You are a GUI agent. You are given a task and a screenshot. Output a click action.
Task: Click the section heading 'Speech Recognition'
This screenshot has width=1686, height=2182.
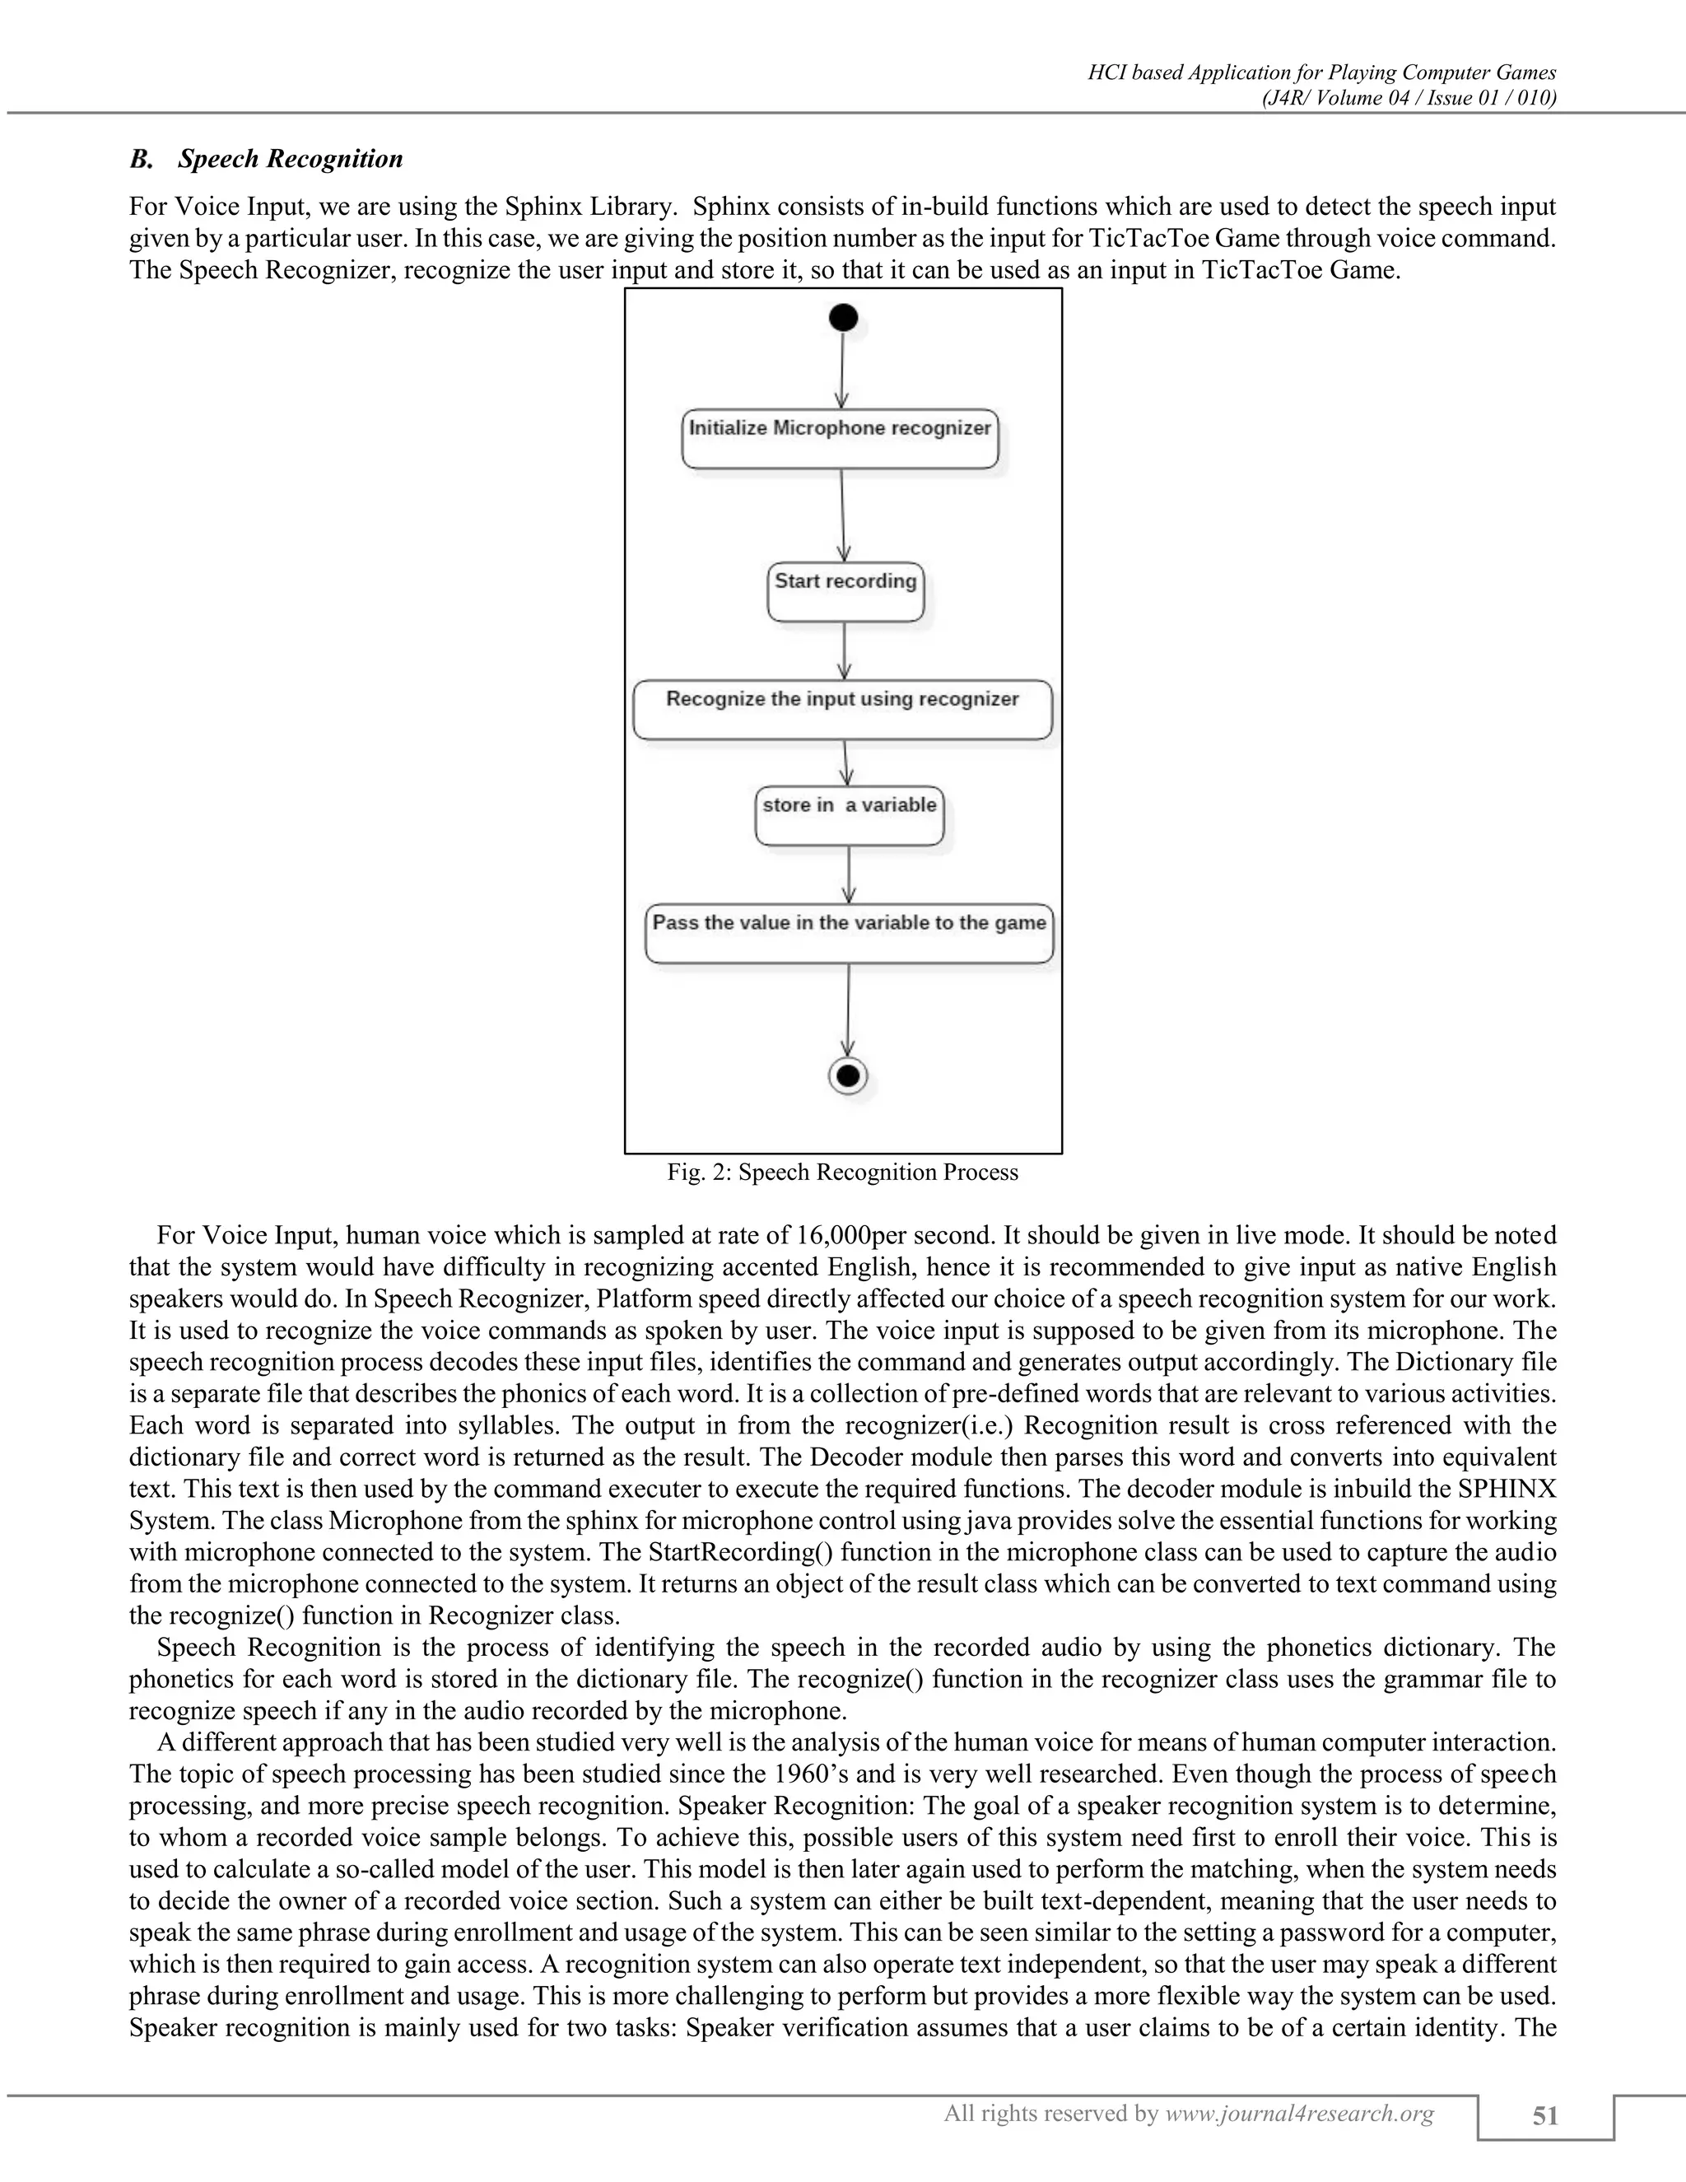click(290, 159)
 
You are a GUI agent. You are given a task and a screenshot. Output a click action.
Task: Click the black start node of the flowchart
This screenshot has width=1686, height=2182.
click(843, 319)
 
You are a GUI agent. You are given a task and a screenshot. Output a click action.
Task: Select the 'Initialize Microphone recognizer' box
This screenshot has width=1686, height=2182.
click(840, 439)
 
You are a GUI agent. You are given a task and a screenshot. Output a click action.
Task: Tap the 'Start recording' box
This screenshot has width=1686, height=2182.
click(845, 591)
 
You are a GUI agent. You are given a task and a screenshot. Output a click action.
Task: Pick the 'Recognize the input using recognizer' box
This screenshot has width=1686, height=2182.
click(842, 709)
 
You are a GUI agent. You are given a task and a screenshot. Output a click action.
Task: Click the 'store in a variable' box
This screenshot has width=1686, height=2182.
click(849, 815)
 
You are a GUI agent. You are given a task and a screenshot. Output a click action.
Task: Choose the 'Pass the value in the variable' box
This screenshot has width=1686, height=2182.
click(849, 933)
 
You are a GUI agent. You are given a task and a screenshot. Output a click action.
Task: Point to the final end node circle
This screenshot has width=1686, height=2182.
click(848, 1076)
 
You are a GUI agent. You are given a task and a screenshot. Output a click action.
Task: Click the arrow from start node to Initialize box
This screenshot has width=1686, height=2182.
click(842, 370)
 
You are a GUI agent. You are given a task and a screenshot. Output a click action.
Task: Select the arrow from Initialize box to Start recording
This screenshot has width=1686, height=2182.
click(843, 515)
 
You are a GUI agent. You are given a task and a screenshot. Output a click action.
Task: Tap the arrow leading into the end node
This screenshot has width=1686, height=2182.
click(848, 1009)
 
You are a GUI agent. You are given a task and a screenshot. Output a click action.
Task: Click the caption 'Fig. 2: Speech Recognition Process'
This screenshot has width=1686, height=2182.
click(842, 1172)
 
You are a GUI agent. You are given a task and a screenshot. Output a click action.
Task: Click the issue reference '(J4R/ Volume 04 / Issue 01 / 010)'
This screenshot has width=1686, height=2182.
click(1409, 97)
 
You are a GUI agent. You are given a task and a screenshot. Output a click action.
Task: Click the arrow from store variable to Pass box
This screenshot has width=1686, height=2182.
click(849, 874)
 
